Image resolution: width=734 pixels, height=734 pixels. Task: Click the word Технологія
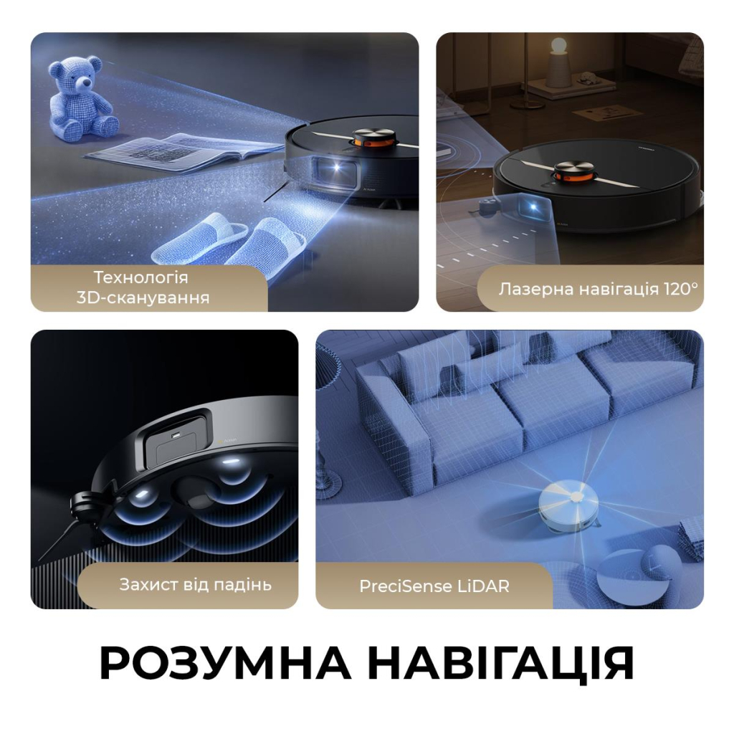point(140,277)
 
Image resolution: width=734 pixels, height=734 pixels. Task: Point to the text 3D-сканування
point(143,297)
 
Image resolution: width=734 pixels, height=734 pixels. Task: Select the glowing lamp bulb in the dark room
point(558,47)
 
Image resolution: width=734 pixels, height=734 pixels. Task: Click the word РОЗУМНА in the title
point(224,664)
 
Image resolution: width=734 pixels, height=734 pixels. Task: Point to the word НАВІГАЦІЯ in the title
point(505,664)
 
